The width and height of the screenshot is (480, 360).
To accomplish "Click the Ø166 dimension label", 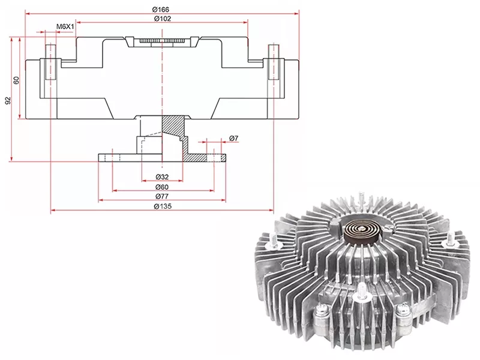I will point(161,8).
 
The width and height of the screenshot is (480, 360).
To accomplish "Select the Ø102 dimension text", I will point(162,19).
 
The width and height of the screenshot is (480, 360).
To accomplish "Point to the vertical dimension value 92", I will point(8,100).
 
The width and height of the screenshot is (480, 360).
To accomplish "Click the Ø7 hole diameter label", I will point(233,139).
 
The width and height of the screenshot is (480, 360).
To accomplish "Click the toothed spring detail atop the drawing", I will point(162,41).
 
